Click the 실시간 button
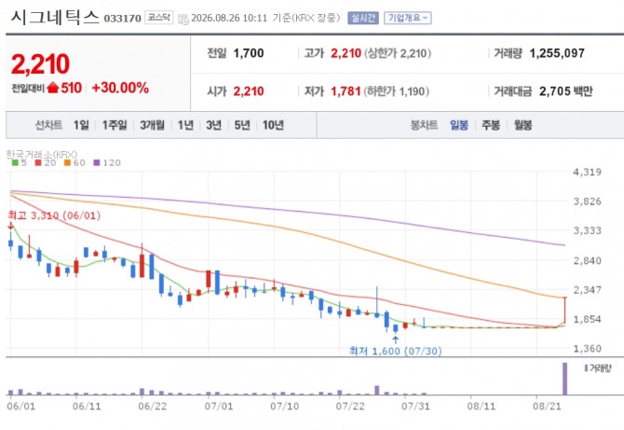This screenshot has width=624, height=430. click(x=363, y=18)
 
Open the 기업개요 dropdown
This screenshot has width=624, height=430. click(x=408, y=18)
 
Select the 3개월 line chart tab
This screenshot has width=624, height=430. click(x=152, y=125)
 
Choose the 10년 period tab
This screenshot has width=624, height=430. click(x=273, y=125)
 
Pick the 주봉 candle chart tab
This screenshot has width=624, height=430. click(x=491, y=125)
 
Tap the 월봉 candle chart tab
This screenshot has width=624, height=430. click(x=522, y=125)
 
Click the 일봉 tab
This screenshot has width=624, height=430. click(x=459, y=125)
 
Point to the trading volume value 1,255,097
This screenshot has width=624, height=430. click(x=557, y=53)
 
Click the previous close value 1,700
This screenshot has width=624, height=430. click(x=249, y=53)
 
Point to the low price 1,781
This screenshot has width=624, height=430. click(x=346, y=91)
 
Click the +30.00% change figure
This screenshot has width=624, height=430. click(x=120, y=88)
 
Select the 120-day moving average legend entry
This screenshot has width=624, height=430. click(x=107, y=162)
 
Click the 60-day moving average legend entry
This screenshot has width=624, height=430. click(x=75, y=162)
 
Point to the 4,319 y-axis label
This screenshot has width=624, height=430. click(x=587, y=173)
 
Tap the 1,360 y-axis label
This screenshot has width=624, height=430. click(x=587, y=348)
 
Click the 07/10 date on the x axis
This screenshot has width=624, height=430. click(x=284, y=406)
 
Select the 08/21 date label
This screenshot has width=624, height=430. click(x=547, y=406)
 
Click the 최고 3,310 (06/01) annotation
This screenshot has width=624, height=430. click(x=54, y=215)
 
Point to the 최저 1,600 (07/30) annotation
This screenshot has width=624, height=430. click(x=395, y=351)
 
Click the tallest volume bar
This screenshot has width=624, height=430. click(x=564, y=379)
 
